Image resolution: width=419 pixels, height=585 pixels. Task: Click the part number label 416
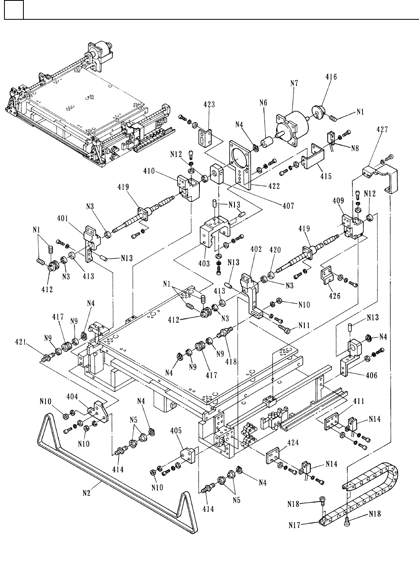pyautogui.click(x=331, y=77)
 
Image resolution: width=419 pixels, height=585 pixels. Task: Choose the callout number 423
pyautogui.click(x=209, y=104)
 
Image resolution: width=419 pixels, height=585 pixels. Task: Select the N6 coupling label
pyautogui.click(x=263, y=103)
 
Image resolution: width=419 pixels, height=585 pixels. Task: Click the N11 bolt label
pyautogui.click(x=305, y=325)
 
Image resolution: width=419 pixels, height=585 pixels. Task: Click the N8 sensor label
pyautogui.click(x=356, y=148)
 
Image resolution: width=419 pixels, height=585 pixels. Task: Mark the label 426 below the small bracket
pyautogui.click(x=334, y=296)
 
